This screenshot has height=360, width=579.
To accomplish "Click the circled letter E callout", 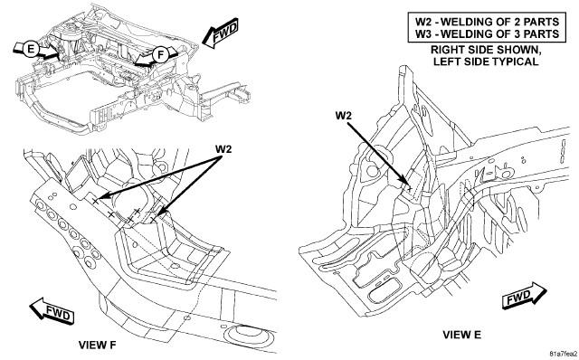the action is [x=31, y=49].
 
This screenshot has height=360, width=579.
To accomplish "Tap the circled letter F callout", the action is [x=160, y=55].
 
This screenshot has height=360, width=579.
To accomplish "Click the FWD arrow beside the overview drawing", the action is [x=221, y=33].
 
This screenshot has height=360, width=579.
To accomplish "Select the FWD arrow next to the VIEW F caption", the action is [x=52, y=311].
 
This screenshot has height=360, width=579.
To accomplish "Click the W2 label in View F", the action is [x=223, y=149].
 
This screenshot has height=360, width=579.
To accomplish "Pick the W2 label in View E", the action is [x=344, y=116].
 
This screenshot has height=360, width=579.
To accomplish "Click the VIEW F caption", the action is [x=97, y=345].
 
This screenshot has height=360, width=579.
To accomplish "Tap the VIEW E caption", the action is [x=462, y=335].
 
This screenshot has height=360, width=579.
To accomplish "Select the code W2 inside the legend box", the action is [x=424, y=21].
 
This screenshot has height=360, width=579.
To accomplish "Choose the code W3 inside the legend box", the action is [x=424, y=34].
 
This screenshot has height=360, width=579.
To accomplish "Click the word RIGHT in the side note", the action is [x=444, y=50].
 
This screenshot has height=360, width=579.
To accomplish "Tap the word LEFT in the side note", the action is [x=445, y=62].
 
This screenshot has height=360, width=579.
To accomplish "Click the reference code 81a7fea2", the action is [x=563, y=354].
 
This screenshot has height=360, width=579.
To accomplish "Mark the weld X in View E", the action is [x=409, y=189].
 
